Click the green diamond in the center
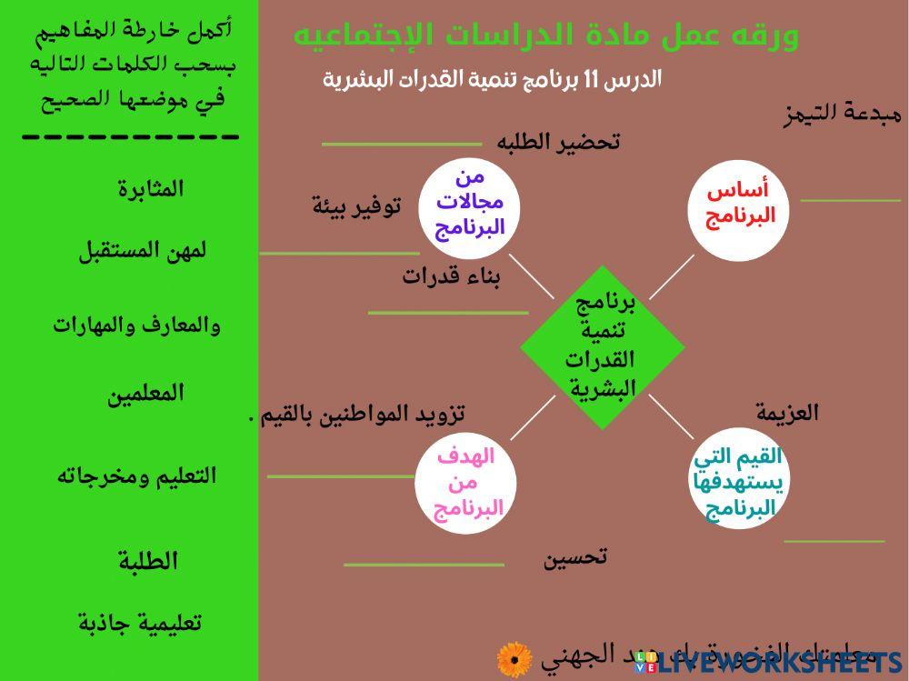[x=602, y=347]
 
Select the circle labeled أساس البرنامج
[x=737, y=204]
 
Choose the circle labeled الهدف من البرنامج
[x=465, y=483]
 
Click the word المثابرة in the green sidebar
[x=150, y=189]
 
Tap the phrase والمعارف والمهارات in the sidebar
[x=136, y=325]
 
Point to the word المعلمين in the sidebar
[x=145, y=394]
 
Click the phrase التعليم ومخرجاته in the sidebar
[x=136, y=476]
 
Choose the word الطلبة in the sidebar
[x=148, y=562]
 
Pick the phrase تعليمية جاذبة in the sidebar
[x=139, y=624]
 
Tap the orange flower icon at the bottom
[x=514, y=659]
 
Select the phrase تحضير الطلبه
[x=558, y=142]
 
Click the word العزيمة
[x=787, y=414]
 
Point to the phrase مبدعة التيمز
[x=842, y=115]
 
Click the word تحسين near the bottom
[x=575, y=557]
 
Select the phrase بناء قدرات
[x=452, y=277]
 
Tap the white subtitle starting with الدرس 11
[x=492, y=80]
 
